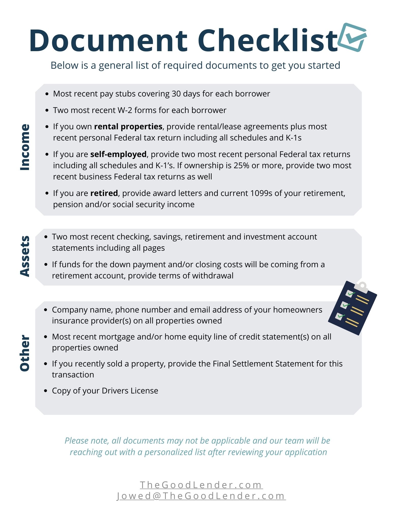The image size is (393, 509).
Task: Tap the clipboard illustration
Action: point(352,308)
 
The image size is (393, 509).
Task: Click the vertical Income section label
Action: point(25,147)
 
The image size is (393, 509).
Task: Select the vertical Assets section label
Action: point(25,256)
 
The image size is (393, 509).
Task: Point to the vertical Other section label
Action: point(25,353)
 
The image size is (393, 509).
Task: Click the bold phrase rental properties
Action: point(128,126)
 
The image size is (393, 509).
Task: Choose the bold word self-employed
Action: point(118,154)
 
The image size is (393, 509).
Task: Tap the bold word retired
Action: point(104,193)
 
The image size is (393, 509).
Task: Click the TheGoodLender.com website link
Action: point(201,485)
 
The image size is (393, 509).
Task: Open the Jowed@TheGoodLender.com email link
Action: point(201,496)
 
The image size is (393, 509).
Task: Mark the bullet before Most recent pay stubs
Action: point(47,94)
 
